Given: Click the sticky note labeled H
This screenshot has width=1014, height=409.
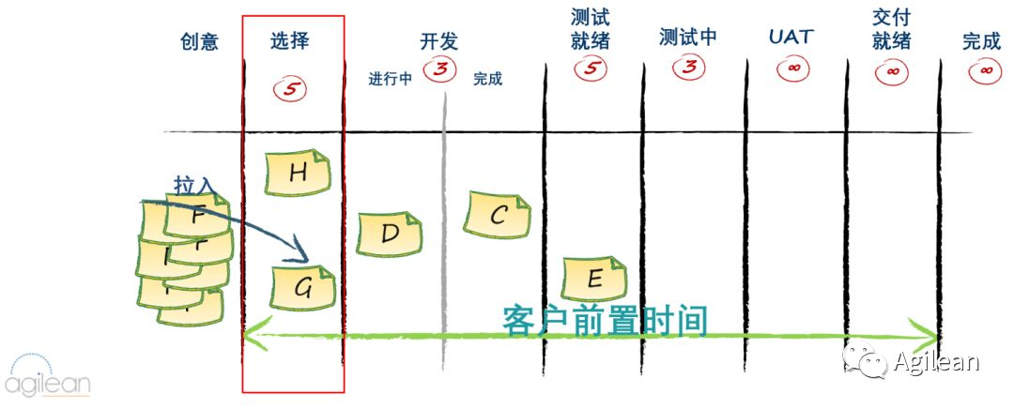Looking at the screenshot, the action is click(298, 174).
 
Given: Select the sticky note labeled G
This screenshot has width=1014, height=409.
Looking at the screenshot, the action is click(302, 288).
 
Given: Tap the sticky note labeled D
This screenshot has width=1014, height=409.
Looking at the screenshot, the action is click(390, 234).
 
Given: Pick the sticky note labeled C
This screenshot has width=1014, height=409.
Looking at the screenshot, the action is click(498, 215).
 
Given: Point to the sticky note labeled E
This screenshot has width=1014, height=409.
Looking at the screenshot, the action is click(593, 278).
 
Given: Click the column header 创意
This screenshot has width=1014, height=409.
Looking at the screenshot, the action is click(199, 41).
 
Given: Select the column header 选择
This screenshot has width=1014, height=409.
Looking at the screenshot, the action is click(289, 41).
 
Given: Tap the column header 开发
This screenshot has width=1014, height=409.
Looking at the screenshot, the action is click(438, 41).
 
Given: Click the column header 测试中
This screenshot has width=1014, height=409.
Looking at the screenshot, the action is click(688, 38).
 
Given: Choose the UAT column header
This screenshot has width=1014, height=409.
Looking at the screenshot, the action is click(791, 38).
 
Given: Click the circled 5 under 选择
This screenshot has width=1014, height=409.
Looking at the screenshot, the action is click(291, 89).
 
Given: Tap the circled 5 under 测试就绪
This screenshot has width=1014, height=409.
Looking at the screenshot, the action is click(591, 68).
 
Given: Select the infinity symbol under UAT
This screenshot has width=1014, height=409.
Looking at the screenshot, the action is click(791, 68).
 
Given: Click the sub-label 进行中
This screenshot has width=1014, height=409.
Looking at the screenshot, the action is click(391, 80).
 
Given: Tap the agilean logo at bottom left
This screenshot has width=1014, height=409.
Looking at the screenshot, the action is click(48, 375).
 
